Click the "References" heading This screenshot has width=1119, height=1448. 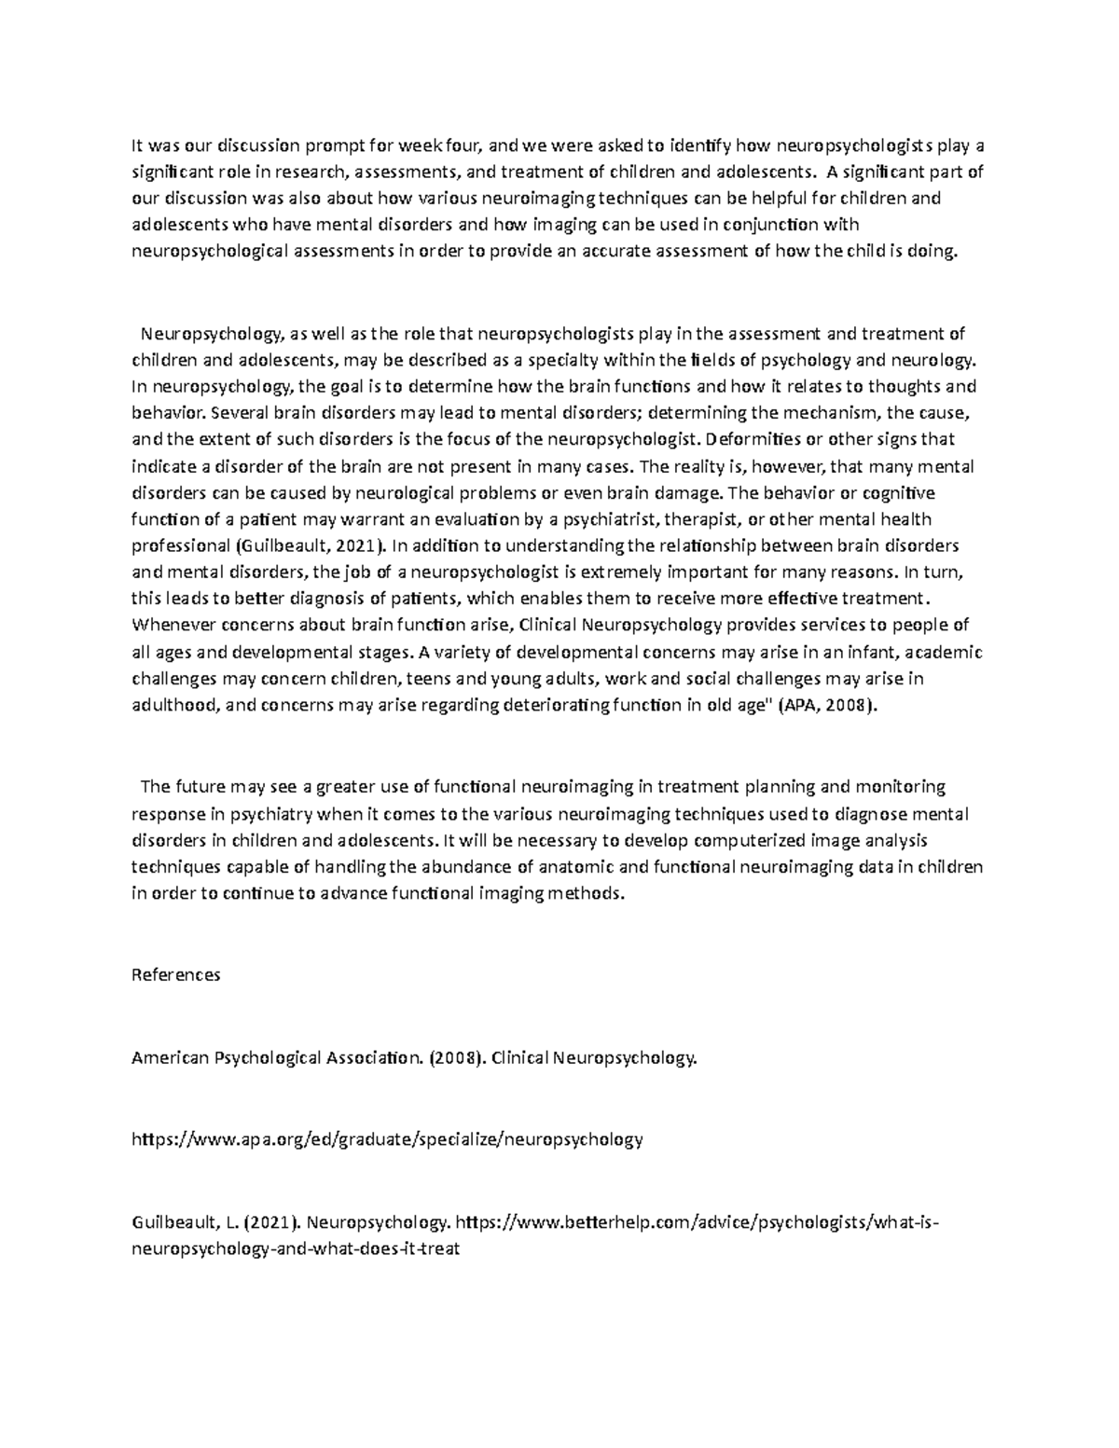[176, 975]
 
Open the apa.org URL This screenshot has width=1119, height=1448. [387, 1138]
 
